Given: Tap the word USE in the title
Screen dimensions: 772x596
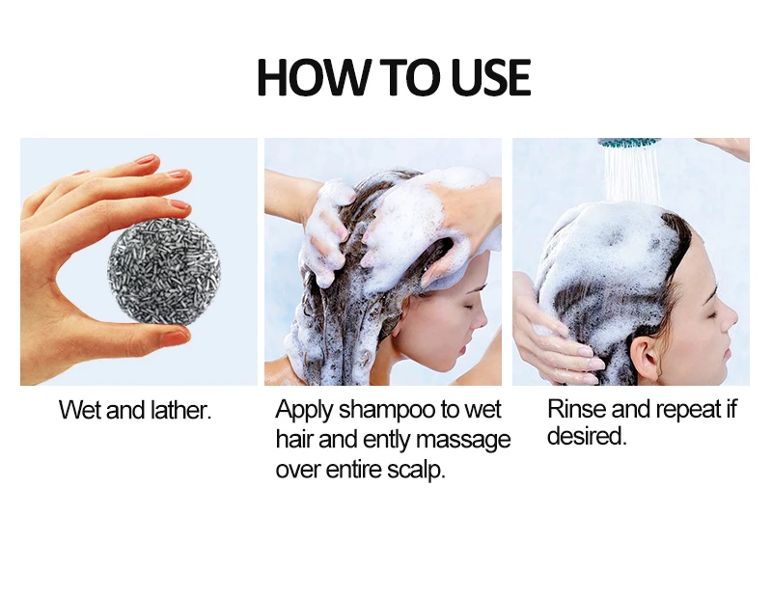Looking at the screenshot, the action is point(491,77).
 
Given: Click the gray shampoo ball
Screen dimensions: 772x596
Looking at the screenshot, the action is point(164,272).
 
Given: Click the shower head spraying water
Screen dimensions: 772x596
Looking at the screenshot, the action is point(629,143).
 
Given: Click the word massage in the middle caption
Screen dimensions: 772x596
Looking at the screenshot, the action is point(463,441).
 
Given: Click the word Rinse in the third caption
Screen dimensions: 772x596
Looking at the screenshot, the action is point(576,409).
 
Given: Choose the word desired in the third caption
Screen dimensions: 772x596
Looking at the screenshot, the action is point(587,436).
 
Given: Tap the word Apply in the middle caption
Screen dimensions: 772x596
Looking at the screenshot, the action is point(304,410).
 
